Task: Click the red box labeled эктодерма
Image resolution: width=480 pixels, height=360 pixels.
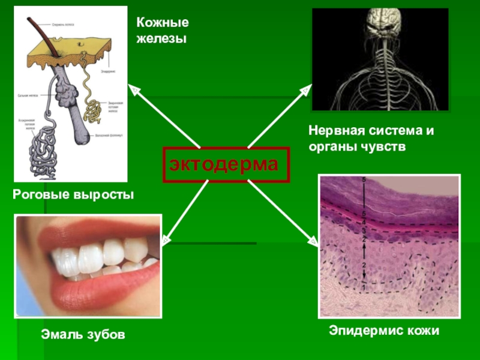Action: tap(226, 164)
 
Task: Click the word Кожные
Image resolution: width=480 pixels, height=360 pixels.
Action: tap(162, 23)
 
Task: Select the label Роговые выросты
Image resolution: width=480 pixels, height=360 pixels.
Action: tap(73, 195)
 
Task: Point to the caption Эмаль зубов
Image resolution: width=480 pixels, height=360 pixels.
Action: tap(83, 334)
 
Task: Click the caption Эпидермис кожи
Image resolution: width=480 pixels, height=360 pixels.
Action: tap(384, 331)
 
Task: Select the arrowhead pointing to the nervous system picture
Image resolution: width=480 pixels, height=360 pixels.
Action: tap(305, 91)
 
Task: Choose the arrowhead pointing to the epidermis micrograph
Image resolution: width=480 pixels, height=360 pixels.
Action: tap(312, 241)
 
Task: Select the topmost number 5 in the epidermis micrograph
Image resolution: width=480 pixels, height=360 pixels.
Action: tap(363, 180)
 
